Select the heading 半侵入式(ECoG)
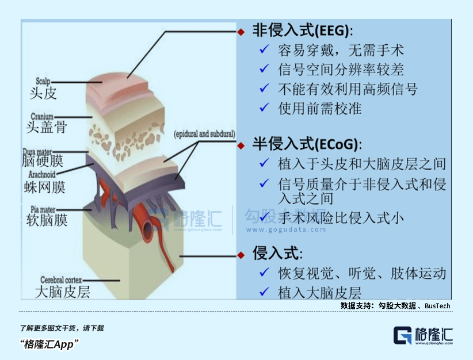[x=308, y=144]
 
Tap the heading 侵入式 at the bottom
[x=277, y=253]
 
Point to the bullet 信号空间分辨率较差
[x=341, y=70]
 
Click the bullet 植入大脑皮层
[x=319, y=292]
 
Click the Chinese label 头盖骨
[x=46, y=127]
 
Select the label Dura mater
[x=41, y=151]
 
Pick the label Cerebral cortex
[x=63, y=280]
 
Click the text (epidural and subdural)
[x=204, y=134]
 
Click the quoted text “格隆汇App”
[x=49, y=344]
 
